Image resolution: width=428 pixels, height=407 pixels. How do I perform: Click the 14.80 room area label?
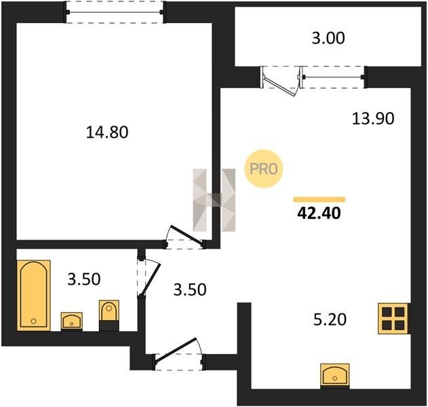(x=107, y=132)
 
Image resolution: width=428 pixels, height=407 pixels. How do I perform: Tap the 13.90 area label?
(x=373, y=119)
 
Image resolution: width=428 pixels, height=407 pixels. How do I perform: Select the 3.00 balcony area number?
(x=328, y=38)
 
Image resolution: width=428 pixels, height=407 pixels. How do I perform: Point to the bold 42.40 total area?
(x=319, y=213)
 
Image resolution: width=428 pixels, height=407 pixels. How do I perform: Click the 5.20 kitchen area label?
(x=330, y=319)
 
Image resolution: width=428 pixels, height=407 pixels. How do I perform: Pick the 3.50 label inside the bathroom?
(x=84, y=279)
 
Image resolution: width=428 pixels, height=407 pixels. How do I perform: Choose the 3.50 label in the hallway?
(x=190, y=290)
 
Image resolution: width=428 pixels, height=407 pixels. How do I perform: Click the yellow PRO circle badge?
(x=264, y=169)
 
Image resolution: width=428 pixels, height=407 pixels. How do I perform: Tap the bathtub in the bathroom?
(x=33, y=295)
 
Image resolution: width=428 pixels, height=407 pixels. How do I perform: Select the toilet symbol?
(x=109, y=315)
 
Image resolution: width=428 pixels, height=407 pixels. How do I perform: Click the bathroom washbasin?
(x=71, y=322)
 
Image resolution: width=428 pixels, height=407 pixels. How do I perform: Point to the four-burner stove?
(x=393, y=319)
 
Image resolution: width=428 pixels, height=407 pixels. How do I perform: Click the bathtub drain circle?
(x=33, y=321)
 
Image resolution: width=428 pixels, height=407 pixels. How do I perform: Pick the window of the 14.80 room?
(x=115, y=12)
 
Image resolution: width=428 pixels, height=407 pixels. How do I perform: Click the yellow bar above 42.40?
(x=319, y=199)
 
